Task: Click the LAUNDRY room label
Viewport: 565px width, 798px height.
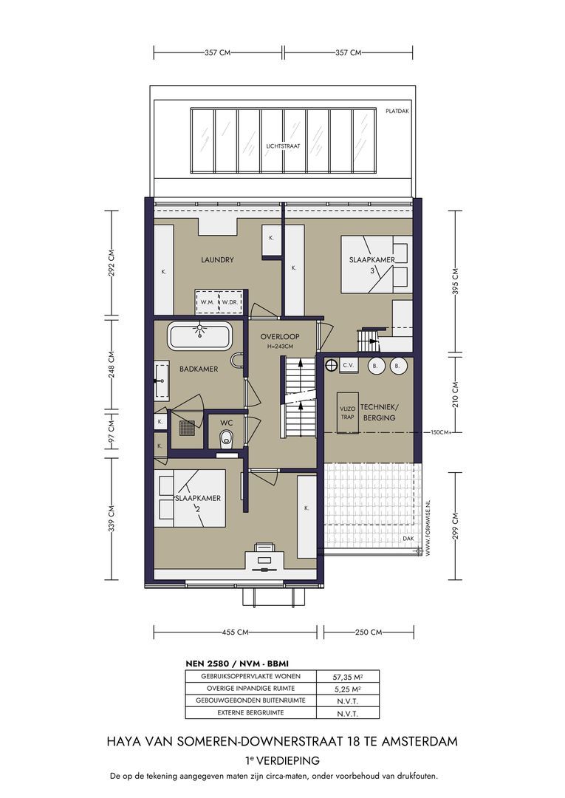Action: pyautogui.click(x=217, y=259)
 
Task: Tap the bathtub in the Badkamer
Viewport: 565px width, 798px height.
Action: pyautogui.click(x=199, y=336)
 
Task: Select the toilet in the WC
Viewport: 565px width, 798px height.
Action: pyautogui.click(x=226, y=438)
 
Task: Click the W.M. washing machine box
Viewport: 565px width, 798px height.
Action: pyautogui.click(x=208, y=301)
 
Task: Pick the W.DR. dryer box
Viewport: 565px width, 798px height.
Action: pyautogui.click(x=230, y=301)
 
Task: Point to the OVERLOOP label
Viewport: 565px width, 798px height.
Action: pyautogui.click(x=280, y=336)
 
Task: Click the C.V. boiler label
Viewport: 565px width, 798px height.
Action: pyautogui.click(x=349, y=366)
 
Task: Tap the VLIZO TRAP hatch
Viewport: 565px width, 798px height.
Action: pyautogui.click(x=347, y=413)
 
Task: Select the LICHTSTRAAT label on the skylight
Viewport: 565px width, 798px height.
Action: pyautogui.click(x=284, y=146)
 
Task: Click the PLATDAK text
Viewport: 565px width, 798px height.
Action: pyautogui.click(x=397, y=111)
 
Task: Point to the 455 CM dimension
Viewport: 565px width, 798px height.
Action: pyautogui.click(x=236, y=632)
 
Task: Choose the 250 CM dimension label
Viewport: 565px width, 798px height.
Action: pyautogui.click(x=369, y=632)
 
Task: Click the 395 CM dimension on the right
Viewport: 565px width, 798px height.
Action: pyautogui.click(x=455, y=282)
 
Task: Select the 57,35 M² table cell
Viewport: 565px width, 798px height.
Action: pyautogui.click(x=347, y=677)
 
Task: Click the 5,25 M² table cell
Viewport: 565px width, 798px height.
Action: pyautogui.click(x=347, y=689)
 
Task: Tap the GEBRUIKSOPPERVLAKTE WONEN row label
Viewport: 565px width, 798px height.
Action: pyautogui.click(x=250, y=676)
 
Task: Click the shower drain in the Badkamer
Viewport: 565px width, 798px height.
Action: pyautogui.click(x=186, y=429)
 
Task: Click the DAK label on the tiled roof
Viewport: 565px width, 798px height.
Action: pyautogui.click(x=408, y=539)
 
